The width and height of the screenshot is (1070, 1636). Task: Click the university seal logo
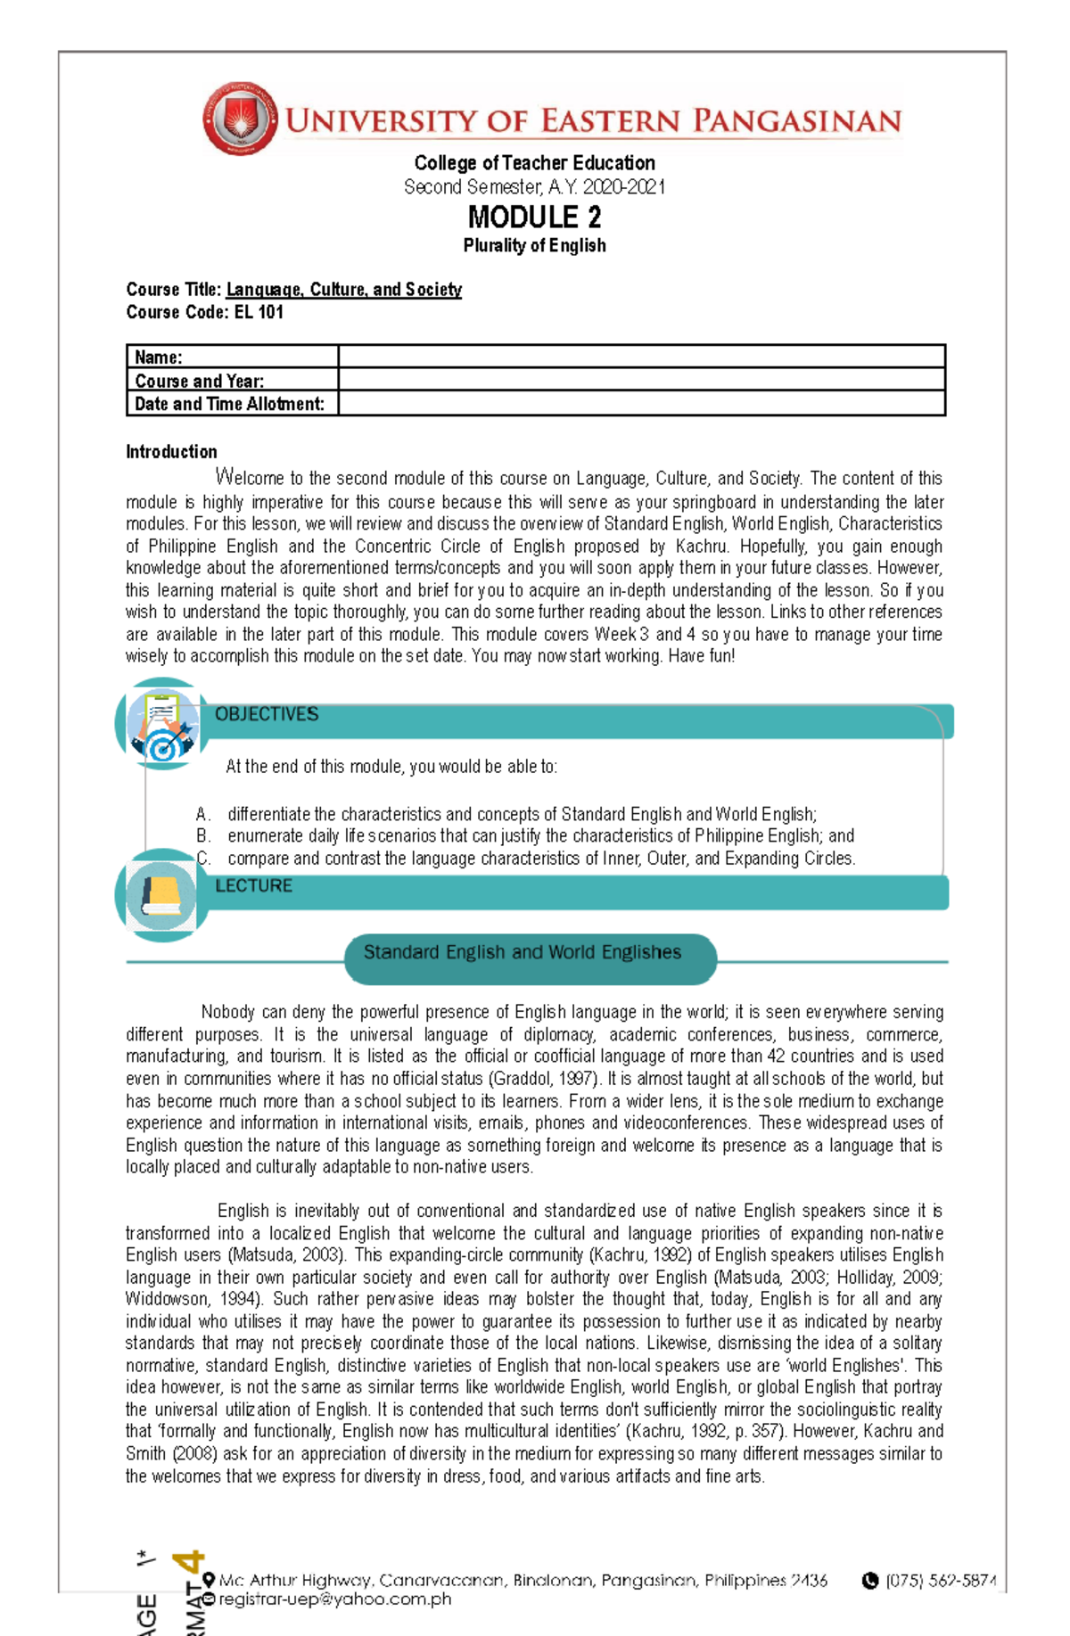click(x=239, y=119)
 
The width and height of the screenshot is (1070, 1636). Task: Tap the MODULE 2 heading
click(x=534, y=217)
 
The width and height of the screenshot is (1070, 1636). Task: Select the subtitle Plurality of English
click(x=534, y=245)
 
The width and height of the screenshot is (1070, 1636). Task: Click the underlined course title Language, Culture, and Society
click(x=343, y=290)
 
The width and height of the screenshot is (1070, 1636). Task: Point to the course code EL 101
click(x=259, y=312)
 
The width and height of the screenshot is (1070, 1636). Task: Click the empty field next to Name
click(x=641, y=357)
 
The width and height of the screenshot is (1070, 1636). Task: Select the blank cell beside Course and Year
click(x=641, y=380)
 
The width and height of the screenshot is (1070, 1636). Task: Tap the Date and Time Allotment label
click(x=229, y=404)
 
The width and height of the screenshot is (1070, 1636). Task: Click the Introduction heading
click(x=171, y=452)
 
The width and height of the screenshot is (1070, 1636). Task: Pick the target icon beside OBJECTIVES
click(x=163, y=724)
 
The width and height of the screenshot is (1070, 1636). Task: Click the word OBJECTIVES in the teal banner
click(x=267, y=715)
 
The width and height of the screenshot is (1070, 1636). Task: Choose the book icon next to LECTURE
click(x=161, y=894)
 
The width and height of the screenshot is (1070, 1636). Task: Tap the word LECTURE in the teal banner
click(x=253, y=886)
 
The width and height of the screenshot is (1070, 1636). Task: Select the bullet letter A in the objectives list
click(x=202, y=814)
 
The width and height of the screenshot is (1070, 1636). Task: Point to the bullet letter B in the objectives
click(x=202, y=836)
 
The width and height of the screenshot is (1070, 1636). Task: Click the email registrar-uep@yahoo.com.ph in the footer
click(x=335, y=1599)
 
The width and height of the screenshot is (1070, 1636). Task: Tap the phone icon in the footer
click(x=870, y=1581)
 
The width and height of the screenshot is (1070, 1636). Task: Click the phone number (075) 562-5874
click(x=941, y=1581)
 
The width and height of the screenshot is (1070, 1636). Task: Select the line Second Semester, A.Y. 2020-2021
click(x=534, y=187)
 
